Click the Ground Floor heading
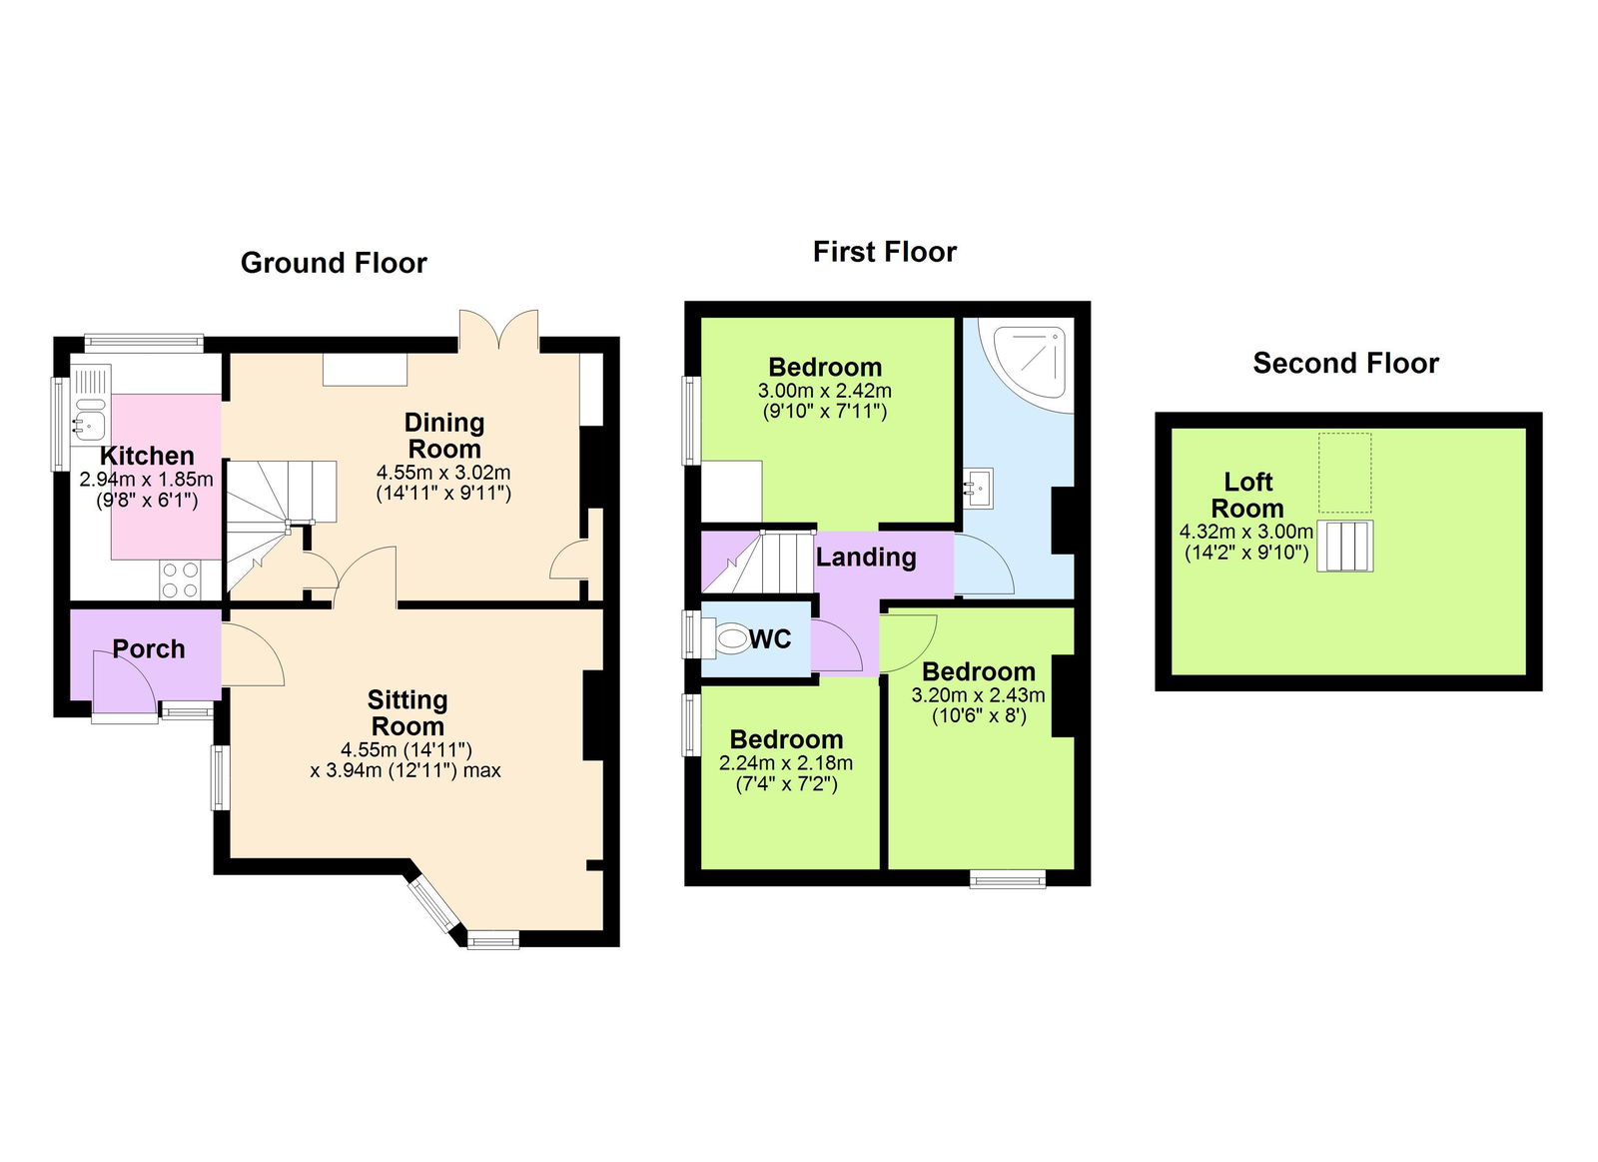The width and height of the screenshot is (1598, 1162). click(334, 263)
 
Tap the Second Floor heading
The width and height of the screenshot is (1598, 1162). click(1345, 363)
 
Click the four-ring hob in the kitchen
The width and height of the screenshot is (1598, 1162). click(179, 580)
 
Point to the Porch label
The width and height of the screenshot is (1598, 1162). click(149, 649)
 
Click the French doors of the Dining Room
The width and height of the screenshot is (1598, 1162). click(498, 331)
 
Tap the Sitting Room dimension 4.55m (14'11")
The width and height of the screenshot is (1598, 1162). click(405, 749)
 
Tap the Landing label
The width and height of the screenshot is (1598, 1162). click(866, 558)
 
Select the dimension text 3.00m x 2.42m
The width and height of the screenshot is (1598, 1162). click(824, 391)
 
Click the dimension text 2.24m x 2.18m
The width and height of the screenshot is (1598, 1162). click(786, 763)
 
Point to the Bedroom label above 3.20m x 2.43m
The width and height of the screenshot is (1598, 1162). click(978, 671)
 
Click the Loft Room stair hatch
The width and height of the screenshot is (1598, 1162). click(1344, 546)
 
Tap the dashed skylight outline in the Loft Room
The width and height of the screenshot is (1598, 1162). click(1344, 472)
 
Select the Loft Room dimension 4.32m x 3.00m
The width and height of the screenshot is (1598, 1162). click(1245, 533)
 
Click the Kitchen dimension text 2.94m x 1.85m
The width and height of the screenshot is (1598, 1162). click(146, 480)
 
